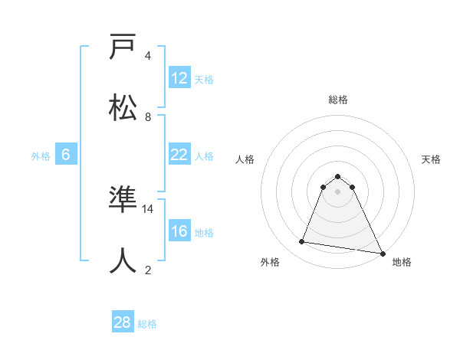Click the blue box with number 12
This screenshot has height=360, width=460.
tap(179, 78)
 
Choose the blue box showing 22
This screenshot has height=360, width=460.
tap(179, 155)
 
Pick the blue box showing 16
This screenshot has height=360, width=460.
tap(179, 232)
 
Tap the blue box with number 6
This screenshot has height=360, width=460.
tap(66, 155)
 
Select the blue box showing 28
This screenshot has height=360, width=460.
tap(122, 322)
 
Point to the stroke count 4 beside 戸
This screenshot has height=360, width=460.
tap(148, 55)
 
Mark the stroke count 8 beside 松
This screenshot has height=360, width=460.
tap(148, 116)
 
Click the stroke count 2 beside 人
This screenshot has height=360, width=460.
tap(148, 270)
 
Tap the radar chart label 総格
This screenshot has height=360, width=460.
tap(338, 100)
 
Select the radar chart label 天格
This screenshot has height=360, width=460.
tap(432, 159)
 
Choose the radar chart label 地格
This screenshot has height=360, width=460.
tap(402, 262)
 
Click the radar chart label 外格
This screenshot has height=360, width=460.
tap(270, 262)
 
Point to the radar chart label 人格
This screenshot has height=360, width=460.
tap(245, 159)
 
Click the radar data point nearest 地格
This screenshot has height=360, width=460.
tap(382, 253)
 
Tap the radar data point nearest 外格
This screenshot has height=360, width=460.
tap(302, 242)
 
